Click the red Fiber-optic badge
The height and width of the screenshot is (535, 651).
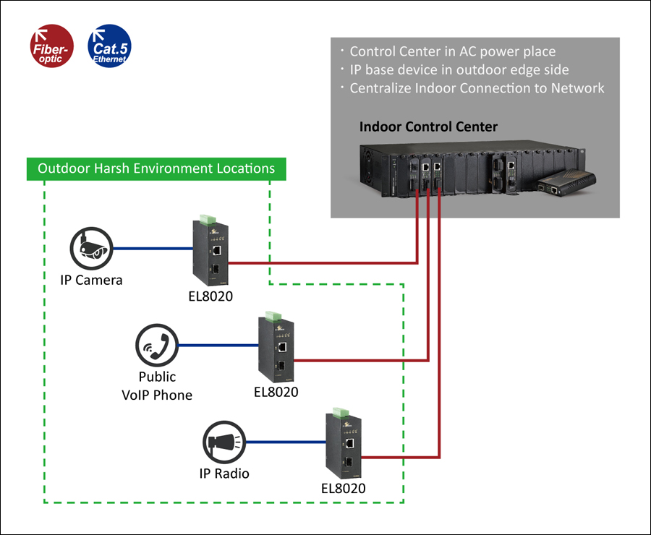coord(52,46)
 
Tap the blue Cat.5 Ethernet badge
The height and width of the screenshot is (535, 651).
coord(110,46)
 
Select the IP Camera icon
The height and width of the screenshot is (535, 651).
coord(91,248)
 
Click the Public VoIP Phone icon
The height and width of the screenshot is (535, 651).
coord(157,346)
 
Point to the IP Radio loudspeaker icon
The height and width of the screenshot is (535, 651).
coord(224,442)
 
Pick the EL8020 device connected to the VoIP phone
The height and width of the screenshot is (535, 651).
coord(276,347)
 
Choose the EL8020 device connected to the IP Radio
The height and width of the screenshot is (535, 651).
coord(344,443)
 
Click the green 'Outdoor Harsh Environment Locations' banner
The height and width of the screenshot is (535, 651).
coord(156,169)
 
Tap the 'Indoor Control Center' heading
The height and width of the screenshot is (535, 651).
coord(428,127)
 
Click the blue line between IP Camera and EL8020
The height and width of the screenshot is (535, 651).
coord(153,249)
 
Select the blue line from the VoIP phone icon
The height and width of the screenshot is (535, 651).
coord(218,346)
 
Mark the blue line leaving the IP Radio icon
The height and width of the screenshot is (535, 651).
coord(286,442)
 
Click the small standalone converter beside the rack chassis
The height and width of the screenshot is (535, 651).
coord(566,182)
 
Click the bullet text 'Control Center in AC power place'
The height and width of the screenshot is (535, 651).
coord(453,51)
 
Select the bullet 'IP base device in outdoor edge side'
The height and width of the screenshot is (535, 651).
coord(459,69)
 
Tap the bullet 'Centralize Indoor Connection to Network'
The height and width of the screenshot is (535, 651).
coord(477,88)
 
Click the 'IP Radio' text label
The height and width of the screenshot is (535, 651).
coord(224,474)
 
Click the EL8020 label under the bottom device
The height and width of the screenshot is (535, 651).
coord(344,489)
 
